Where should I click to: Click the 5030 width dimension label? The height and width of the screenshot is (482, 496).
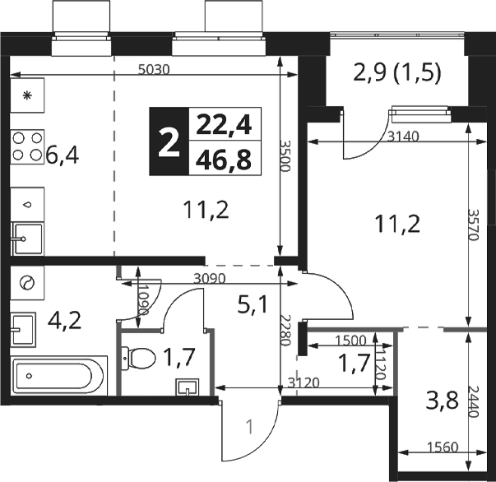point(154,69)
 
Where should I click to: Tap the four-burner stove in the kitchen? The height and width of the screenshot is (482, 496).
point(27,146)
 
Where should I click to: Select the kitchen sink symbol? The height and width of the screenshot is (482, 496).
point(27,239)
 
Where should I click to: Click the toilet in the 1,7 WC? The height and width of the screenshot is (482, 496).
point(138,359)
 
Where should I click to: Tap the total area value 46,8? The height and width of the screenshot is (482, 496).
point(224,160)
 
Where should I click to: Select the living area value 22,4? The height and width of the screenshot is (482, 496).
point(224,125)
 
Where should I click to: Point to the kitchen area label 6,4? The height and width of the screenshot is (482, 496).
point(63,155)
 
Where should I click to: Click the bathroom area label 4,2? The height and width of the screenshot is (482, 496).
point(64,321)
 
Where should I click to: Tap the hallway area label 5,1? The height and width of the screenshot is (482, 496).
point(252,305)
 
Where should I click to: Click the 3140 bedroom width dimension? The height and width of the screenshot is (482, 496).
point(403,137)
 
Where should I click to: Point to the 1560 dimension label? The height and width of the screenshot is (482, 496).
point(443,447)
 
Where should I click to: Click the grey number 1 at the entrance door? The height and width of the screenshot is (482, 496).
point(250,427)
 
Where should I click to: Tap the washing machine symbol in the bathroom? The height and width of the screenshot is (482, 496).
point(27,282)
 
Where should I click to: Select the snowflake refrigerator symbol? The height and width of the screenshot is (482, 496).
point(27,95)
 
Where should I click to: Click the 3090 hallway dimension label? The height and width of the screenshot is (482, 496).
point(210,279)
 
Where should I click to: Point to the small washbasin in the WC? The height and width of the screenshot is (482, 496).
point(188,387)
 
